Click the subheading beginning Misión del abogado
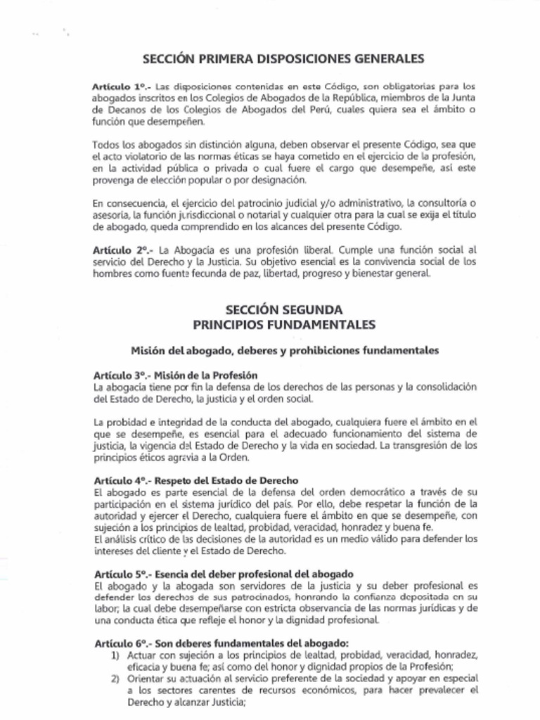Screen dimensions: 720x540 (285, 349)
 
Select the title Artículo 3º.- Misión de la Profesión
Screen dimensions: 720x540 (175, 375)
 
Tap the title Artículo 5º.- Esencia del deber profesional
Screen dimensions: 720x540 (223, 574)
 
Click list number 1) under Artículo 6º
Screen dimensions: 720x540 (117, 655)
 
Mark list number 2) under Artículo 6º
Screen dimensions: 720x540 (117, 679)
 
